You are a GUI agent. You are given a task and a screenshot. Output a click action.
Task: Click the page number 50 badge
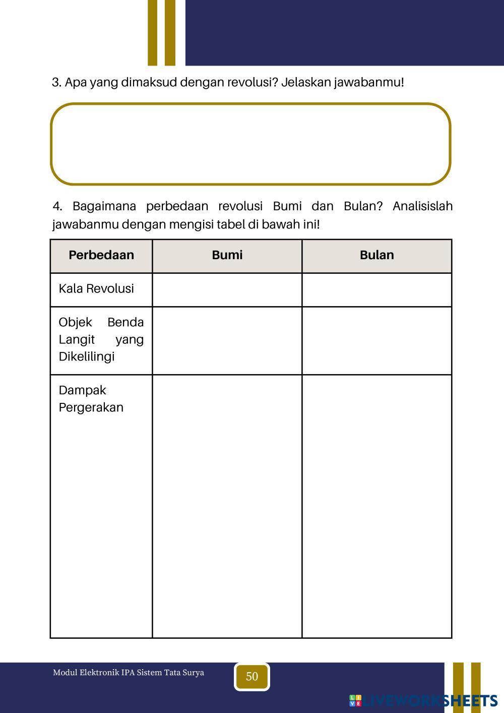tap(252, 677)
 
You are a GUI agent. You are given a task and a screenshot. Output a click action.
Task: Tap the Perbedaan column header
tap(101, 255)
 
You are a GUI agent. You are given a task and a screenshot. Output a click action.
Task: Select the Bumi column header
tap(227, 255)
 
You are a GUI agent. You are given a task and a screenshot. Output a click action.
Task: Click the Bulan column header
tap(377, 255)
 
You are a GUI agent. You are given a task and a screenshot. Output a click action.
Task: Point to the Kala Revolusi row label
tap(96, 289)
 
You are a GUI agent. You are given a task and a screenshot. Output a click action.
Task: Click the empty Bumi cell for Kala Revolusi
tap(227, 290)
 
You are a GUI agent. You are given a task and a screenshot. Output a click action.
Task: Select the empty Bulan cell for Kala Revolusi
tap(377, 290)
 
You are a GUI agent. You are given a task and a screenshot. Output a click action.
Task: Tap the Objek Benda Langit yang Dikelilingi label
tap(101, 339)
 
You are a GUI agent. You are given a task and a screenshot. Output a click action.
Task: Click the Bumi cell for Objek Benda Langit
tap(227, 341)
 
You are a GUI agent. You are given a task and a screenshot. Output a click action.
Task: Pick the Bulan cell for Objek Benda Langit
tap(377, 341)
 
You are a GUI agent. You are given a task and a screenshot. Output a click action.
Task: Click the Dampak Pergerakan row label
tap(91, 399)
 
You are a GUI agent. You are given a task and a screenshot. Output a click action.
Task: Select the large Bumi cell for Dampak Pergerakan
tap(227, 506)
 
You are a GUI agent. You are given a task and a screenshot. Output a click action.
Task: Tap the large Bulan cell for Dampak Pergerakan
tap(377, 506)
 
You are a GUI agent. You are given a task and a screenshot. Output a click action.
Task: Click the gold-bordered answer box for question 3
tap(250, 144)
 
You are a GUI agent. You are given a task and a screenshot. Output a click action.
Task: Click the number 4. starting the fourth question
tap(57, 206)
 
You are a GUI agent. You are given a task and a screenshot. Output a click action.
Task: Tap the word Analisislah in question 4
tap(422, 206)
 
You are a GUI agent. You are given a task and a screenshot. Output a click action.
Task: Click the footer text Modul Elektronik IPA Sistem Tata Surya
tap(129, 673)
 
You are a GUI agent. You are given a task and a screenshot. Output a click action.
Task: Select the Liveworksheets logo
tap(423, 700)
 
